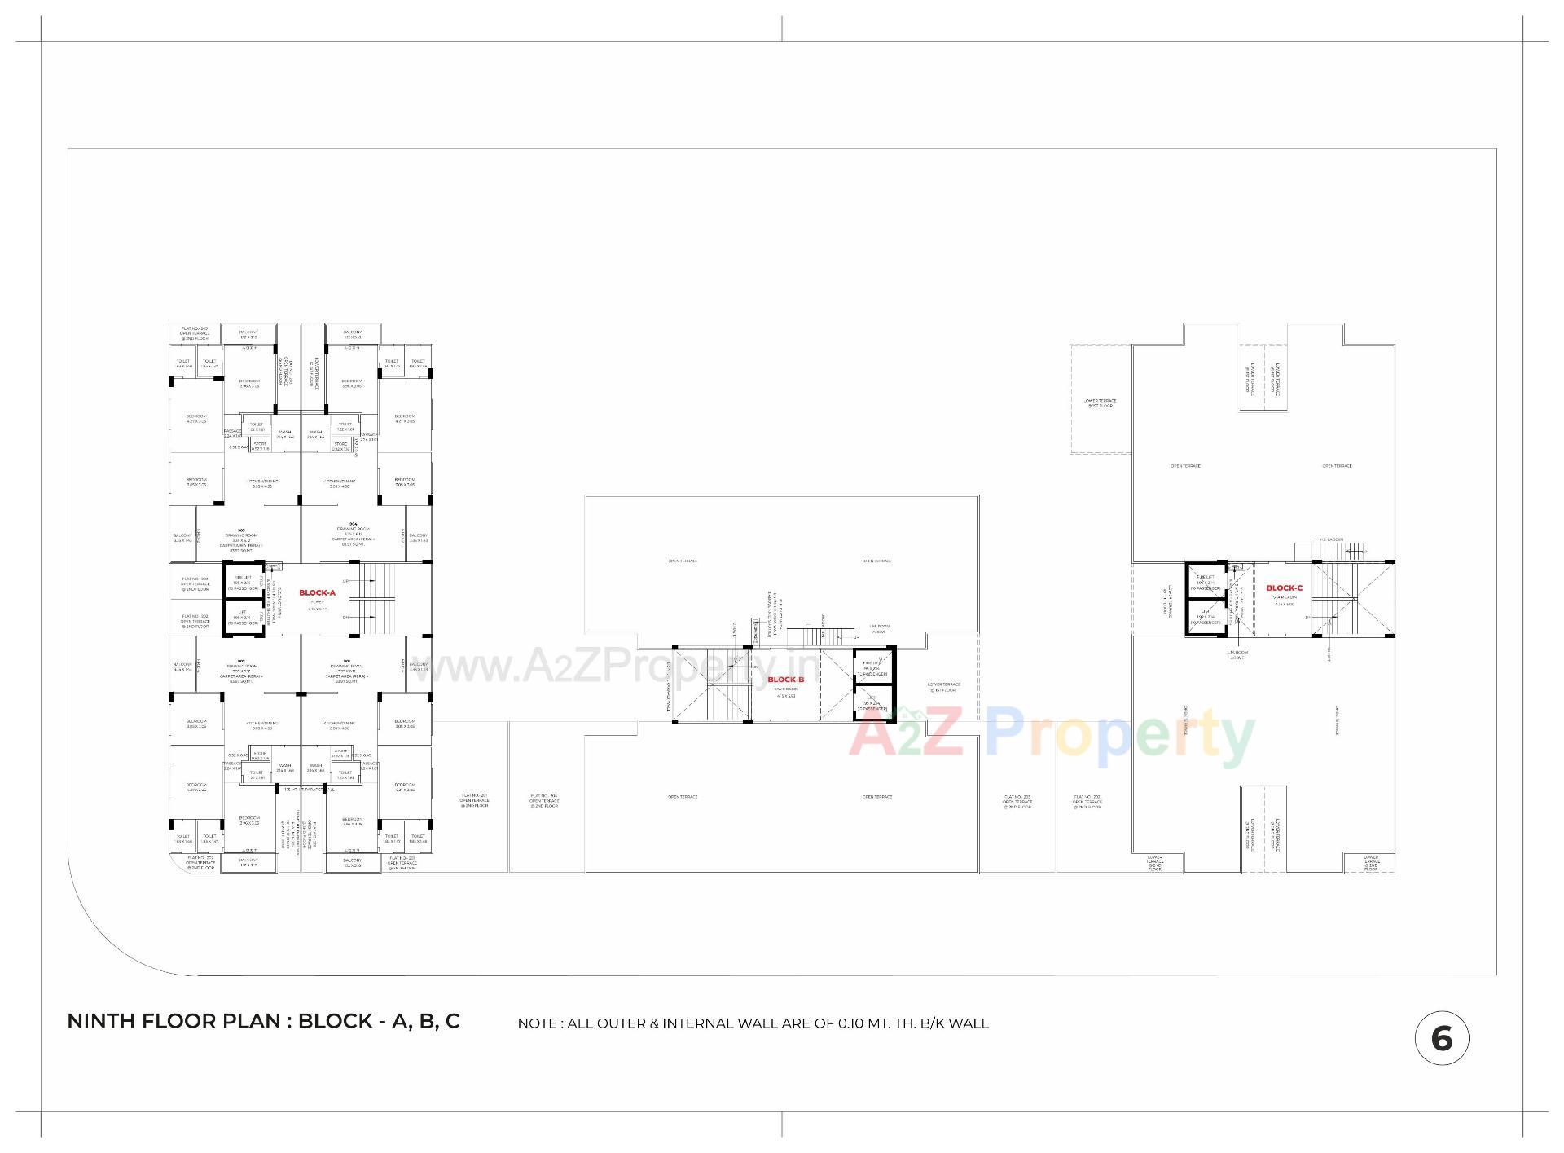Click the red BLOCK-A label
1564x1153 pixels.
pyautogui.click(x=317, y=593)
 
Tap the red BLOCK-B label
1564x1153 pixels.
pyautogui.click(x=786, y=680)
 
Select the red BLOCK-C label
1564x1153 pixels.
pyautogui.click(x=1284, y=588)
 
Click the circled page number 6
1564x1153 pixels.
pyautogui.click(x=1441, y=1038)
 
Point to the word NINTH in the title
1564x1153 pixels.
pyautogui.click(x=106, y=1022)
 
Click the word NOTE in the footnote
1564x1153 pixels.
pyautogui.click(x=538, y=1023)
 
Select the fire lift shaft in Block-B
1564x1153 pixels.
pyautogui.click(x=872, y=668)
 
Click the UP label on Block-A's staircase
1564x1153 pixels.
pyautogui.click(x=346, y=581)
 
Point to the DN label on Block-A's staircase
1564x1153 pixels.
pyautogui.click(x=346, y=617)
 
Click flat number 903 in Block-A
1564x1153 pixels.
pyautogui.click(x=241, y=530)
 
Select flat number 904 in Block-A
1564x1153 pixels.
pyautogui.click(x=353, y=524)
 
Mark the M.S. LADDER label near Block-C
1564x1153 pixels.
pyautogui.click(x=1331, y=539)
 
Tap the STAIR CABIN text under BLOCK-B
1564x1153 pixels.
pyautogui.click(x=786, y=689)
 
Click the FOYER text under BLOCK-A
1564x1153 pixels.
pyautogui.click(x=317, y=602)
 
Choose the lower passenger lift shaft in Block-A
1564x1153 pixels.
pyautogui.click(x=244, y=617)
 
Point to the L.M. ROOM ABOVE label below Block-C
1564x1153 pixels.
pyautogui.click(x=1237, y=654)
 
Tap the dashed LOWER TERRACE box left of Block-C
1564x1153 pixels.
pyautogui.click(x=1100, y=399)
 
